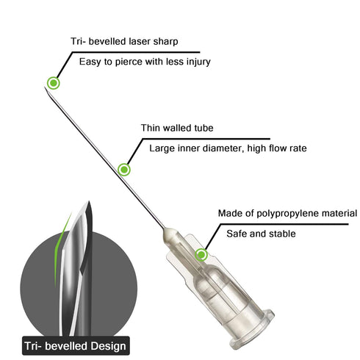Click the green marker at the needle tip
54,83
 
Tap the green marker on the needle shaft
124,170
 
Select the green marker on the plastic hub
201,255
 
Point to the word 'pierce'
127,62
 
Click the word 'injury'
198,62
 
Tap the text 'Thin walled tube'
177,128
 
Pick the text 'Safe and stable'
261,234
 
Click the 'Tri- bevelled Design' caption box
76,346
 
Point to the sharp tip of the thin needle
45,87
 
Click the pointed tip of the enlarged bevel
89,201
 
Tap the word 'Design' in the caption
108,346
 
